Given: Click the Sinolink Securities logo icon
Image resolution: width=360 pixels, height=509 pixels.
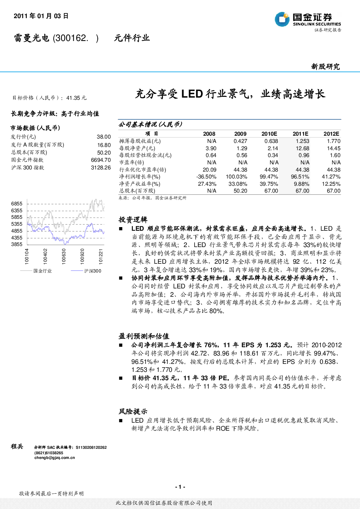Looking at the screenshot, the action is pos(282,19).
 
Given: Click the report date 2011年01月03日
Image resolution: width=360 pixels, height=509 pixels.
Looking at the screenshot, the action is pos(41,16).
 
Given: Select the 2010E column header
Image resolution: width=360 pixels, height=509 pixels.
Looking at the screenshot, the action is pos(269,134).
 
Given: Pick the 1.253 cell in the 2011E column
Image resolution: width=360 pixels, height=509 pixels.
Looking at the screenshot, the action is pos(302,141).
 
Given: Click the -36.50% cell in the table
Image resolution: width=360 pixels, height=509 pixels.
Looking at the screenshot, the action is pos(206,177).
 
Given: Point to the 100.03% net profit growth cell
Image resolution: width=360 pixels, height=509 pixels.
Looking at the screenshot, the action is pos(236,177).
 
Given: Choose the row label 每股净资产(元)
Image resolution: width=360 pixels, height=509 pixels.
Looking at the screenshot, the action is pos(137,148).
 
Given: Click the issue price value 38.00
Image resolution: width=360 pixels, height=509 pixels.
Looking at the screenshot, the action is pos(104,137).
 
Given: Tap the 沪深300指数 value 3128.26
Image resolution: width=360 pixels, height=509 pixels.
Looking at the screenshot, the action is pos(101,168).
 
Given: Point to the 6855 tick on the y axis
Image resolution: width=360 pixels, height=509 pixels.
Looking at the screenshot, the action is pos(17,204).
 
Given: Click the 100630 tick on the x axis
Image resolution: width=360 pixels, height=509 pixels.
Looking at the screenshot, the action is pos(64,256).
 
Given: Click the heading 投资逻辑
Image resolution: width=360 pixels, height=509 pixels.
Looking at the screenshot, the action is pos(133,219).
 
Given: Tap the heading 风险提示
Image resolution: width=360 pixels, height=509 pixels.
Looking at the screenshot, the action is pos(133,411).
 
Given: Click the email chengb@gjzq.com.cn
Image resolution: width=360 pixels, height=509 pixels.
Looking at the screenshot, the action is pos(54,457).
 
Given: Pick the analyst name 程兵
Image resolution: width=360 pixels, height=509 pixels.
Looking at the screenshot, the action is pos(17,446).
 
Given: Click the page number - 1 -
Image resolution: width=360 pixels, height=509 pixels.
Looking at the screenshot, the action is pos(180,487).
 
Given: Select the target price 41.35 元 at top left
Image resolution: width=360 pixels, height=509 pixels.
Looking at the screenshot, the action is pos(76,98).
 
